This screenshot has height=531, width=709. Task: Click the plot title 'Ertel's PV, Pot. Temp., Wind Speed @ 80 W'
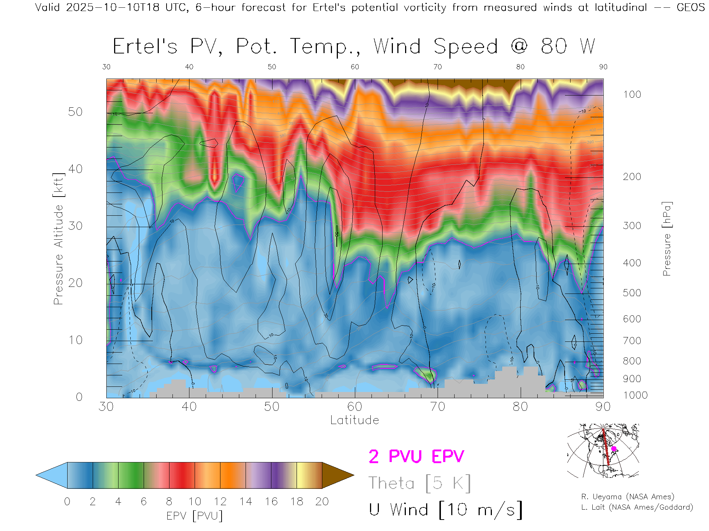(x=354, y=47)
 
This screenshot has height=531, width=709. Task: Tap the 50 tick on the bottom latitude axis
(x=272, y=407)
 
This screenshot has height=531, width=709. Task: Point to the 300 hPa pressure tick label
(x=632, y=226)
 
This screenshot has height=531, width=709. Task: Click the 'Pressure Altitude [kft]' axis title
(x=58, y=239)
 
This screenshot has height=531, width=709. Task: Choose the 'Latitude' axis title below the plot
(x=354, y=420)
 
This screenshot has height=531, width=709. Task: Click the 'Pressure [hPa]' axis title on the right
(x=667, y=239)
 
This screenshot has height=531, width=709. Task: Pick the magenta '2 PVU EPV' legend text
(x=416, y=457)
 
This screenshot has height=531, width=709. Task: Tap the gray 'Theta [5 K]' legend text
(x=419, y=483)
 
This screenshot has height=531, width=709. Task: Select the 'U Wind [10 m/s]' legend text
(x=445, y=510)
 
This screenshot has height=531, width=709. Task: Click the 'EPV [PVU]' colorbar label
(x=195, y=516)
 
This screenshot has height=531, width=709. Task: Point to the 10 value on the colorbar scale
(x=195, y=502)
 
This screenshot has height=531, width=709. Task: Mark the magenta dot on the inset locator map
(x=614, y=449)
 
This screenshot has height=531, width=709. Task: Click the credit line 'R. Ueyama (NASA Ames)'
(x=627, y=497)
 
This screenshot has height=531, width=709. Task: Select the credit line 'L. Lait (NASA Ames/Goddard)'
(x=637, y=507)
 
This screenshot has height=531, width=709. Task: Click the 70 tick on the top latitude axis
(x=438, y=67)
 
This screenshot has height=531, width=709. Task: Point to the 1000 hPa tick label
(x=635, y=395)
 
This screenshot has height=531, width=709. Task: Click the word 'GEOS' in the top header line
(x=691, y=7)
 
